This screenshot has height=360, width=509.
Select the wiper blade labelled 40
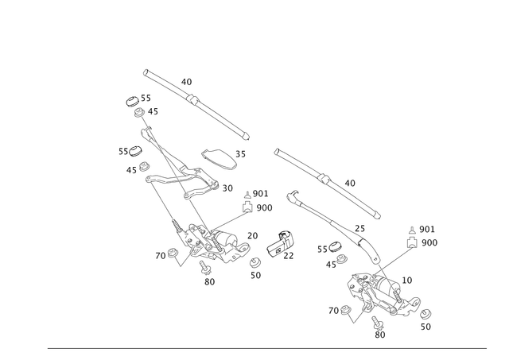[326, 180]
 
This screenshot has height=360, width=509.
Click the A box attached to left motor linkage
[247, 207]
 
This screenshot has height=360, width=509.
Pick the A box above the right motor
[411, 241]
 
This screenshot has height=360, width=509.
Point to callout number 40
[351, 182]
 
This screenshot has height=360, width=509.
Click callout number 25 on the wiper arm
[359, 227]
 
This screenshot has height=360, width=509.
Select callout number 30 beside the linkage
[227, 188]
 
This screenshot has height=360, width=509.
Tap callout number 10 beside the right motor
[408, 279]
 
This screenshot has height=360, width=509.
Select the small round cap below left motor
[255, 263]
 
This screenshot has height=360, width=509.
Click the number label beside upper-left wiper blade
[187, 81]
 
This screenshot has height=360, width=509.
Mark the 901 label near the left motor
[260, 193]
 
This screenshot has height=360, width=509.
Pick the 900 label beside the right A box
[429, 242]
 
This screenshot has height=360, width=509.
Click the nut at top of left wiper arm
[129, 100]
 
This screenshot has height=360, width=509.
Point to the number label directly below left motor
[209, 281]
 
